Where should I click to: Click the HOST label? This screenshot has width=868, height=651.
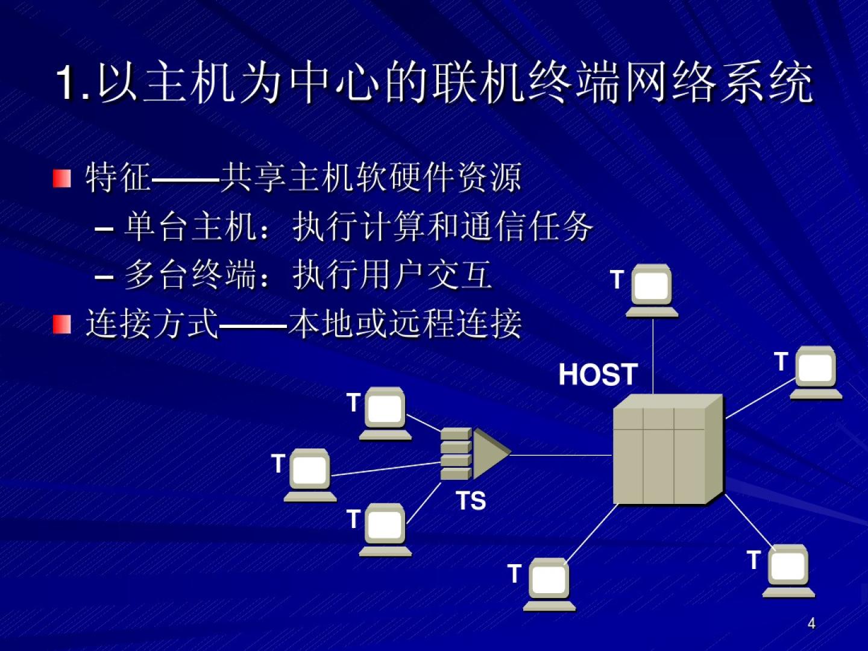pyautogui.click(x=598, y=374)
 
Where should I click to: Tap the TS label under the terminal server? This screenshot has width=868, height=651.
pyautogui.click(x=471, y=501)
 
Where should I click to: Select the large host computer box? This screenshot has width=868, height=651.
pyautogui.click(x=666, y=450)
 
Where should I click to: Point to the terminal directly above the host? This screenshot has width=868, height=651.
pyautogui.click(x=652, y=289)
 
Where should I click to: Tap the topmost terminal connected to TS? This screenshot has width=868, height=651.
pyautogui.click(x=385, y=413)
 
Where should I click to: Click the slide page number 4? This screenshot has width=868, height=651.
pyautogui.click(x=811, y=623)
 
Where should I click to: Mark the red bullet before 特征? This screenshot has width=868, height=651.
pyautogui.click(x=61, y=178)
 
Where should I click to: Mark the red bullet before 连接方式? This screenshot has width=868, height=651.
pyautogui.click(x=61, y=324)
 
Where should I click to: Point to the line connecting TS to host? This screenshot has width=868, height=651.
pyautogui.click(x=561, y=455)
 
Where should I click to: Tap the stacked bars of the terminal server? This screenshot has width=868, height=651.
pyautogui.click(x=456, y=454)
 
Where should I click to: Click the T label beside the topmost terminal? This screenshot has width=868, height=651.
pyautogui.click(x=616, y=280)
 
